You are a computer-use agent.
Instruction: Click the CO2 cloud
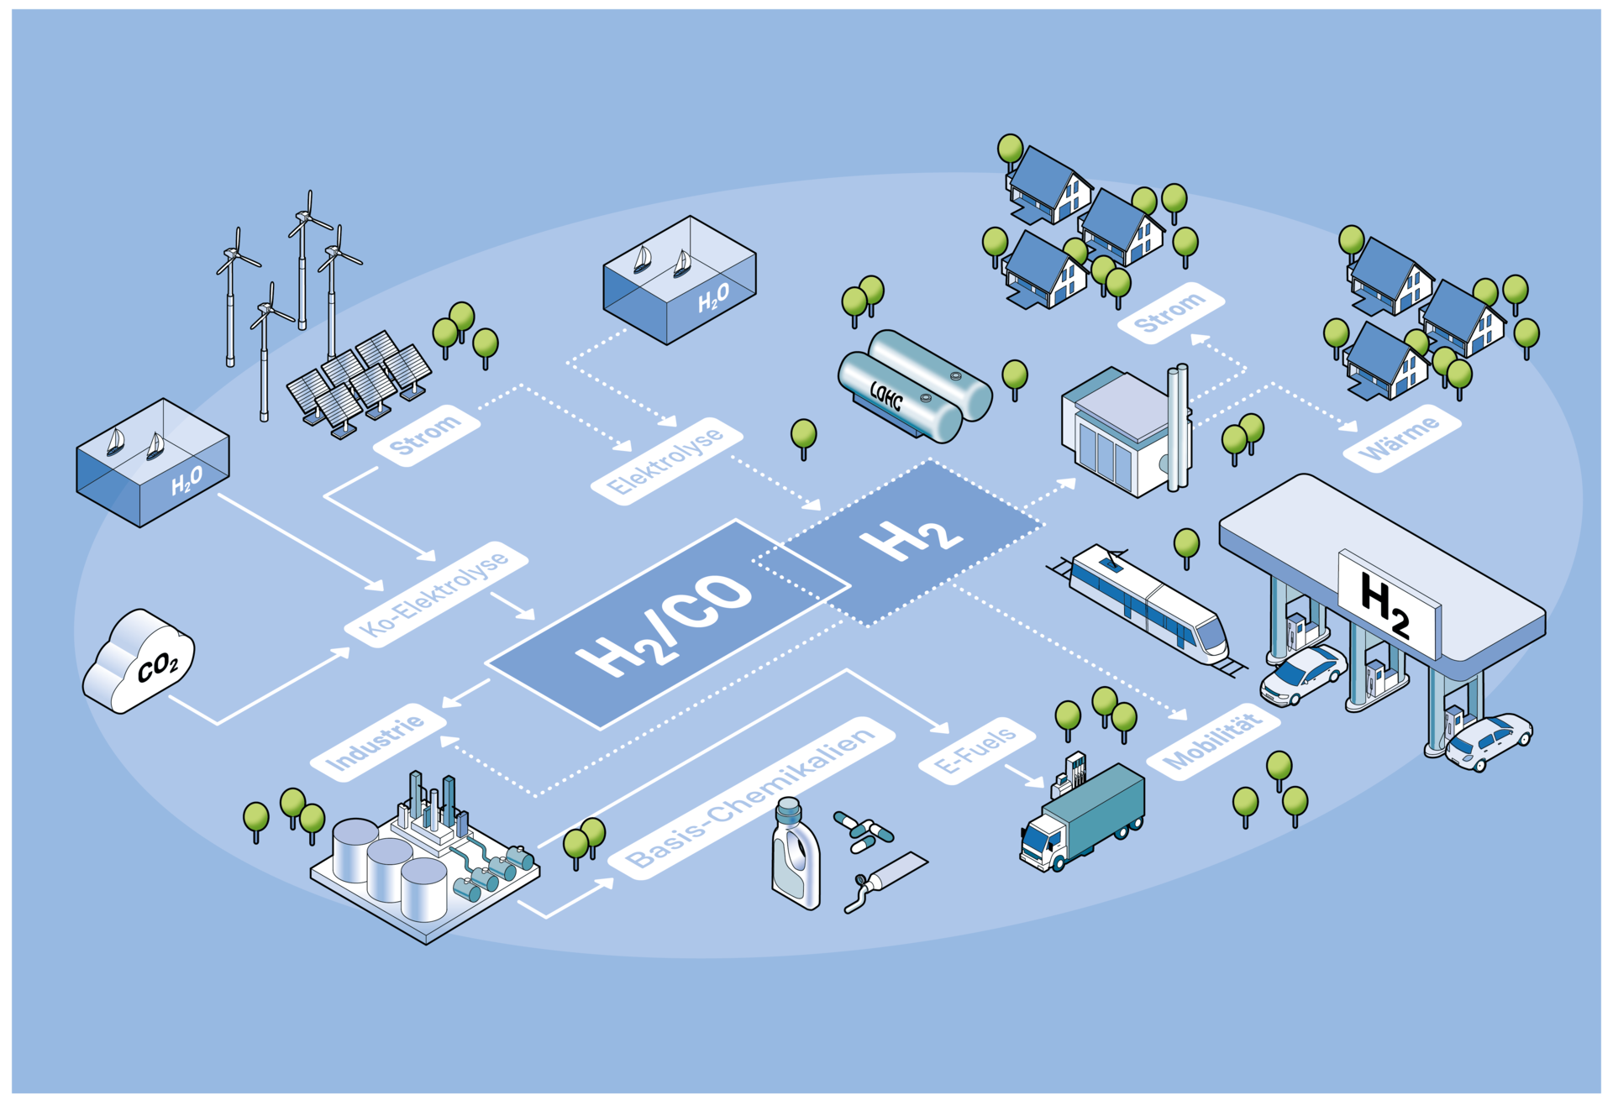(x=139, y=661)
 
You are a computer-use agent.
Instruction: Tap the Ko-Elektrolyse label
(x=436, y=594)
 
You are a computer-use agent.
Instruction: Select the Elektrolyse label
(x=666, y=460)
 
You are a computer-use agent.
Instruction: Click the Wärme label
(x=1401, y=438)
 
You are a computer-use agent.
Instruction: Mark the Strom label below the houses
(x=1169, y=312)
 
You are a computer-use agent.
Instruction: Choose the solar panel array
(x=360, y=382)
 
